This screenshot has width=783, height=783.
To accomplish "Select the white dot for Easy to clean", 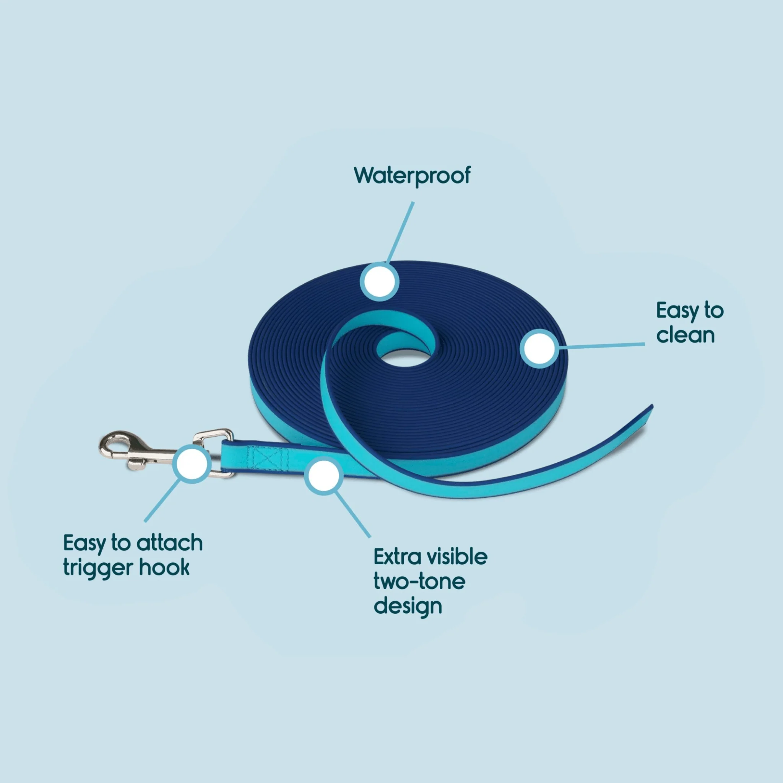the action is coord(539,349).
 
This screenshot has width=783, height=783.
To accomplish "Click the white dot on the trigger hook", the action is coord(192,463).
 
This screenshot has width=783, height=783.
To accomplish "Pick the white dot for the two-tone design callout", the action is coord(324,476).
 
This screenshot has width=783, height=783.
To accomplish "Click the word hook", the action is coord(164,567).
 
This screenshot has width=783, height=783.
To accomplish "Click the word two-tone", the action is coord(419,582).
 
